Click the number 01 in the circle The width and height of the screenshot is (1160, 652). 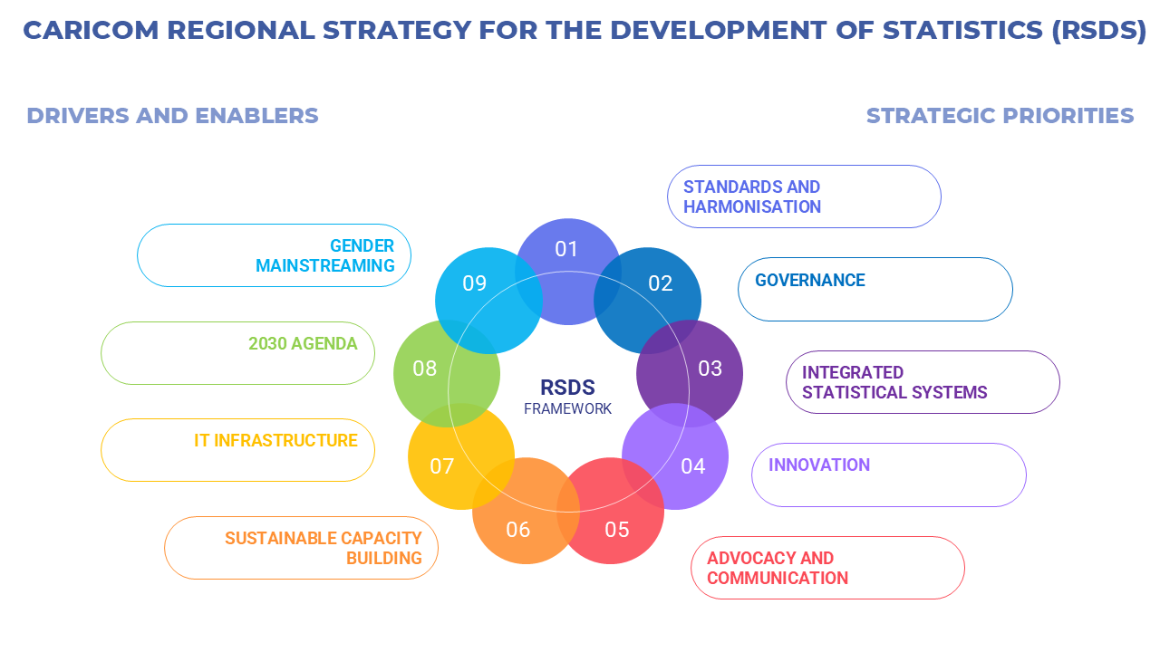(566, 249)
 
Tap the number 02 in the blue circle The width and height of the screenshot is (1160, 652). (661, 283)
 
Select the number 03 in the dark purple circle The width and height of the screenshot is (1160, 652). (710, 369)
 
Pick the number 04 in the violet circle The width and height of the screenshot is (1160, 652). (692, 466)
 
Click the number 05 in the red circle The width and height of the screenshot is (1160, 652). (616, 530)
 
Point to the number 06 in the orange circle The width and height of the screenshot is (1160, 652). (517, 530)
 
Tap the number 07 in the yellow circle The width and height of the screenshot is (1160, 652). (441, 466)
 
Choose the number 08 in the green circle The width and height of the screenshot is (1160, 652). (424, 369)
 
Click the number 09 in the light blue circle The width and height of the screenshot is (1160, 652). (474, 283)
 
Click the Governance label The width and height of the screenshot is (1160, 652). (810, 281)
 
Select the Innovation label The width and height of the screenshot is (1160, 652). (819, 465)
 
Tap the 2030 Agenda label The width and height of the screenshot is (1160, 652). (303, 344)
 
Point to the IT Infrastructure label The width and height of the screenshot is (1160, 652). (275, 441)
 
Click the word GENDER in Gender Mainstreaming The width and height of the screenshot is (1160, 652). (362, 246)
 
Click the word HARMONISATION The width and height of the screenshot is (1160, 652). (752, 207)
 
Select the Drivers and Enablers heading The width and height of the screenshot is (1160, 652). (172, 116)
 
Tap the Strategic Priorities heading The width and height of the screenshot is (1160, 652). (1000, 116)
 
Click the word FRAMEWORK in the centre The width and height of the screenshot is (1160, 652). (567, 409)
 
